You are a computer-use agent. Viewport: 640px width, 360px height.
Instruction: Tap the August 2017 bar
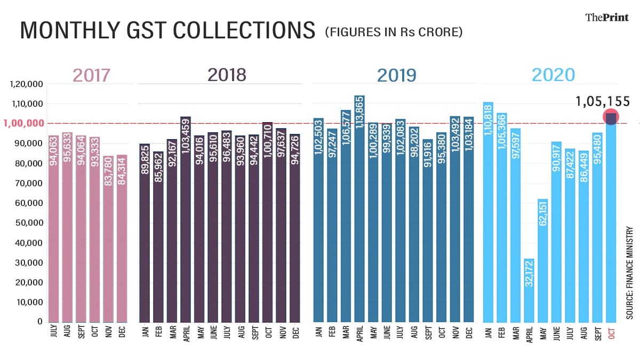tap(67, 227)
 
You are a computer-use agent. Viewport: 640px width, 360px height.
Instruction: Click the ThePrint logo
tap(607, 17)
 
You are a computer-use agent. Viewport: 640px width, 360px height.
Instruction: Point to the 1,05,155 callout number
tap(603, 101)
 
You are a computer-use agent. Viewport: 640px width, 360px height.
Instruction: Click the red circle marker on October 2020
tap(611, 117)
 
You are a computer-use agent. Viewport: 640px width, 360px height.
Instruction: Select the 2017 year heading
tap(91, 75)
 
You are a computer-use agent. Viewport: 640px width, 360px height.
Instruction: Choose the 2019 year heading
tap(396, 75)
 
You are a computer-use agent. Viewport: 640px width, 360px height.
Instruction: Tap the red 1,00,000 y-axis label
tap(24, 123)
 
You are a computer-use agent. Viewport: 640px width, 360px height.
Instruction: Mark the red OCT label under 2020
tap(611, 334)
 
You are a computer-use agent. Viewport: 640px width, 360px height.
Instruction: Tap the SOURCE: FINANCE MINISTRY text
tap(629, 273)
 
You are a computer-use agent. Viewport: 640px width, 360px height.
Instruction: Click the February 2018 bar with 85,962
tap(158, 237)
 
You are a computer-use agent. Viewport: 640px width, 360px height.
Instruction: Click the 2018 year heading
tap(227, 75)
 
